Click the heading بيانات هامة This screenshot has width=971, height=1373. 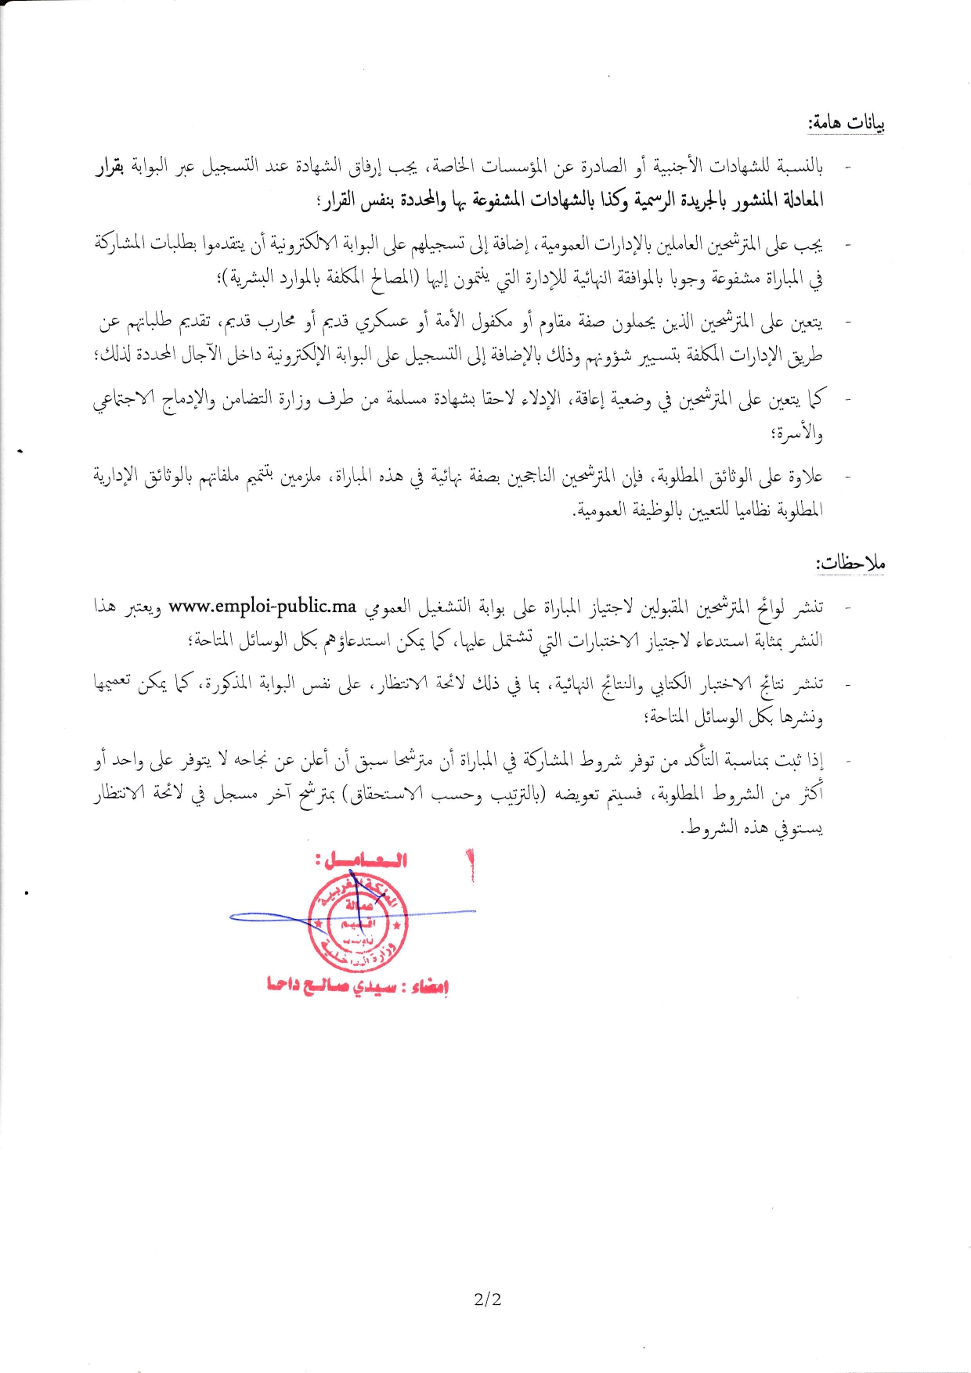tap(846, 123)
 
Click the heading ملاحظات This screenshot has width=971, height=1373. tap(850, 563)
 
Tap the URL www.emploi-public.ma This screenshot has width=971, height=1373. tap(262, 606)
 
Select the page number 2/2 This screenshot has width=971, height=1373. tap(487, 1299)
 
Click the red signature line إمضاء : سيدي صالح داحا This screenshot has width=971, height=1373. tap(357, 986)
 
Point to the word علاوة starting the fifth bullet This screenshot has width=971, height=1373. tap(803, 476)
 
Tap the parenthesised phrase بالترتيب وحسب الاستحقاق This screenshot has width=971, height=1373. tap(442, 795)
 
